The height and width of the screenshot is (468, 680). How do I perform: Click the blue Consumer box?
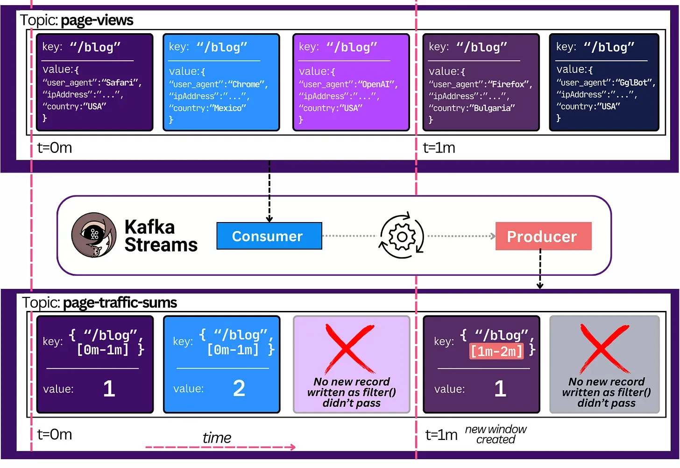pos(269,236)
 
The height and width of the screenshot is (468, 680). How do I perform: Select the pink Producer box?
pos(543,237)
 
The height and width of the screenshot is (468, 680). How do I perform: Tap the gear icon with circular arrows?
pos(402,237)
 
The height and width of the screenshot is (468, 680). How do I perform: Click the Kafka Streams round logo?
pos(94,235)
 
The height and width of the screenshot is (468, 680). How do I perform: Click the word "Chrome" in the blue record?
pos(247,85)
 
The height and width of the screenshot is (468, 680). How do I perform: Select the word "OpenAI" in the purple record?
pos(377,85)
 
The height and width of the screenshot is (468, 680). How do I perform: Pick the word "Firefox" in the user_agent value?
pos(509,85)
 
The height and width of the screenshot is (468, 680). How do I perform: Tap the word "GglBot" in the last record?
pos(634,83)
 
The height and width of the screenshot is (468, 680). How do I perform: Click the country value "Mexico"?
pos(228,108)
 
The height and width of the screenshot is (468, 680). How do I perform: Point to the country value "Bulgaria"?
pos(492,108)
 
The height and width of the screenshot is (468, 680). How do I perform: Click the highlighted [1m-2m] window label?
pos(496,351)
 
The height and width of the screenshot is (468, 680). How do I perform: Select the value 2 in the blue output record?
pos(239,389)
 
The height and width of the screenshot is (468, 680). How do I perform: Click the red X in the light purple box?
pos(349,349)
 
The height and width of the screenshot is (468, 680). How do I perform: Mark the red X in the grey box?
pos(604,349)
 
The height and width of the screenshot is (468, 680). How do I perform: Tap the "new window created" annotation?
pos(496,434)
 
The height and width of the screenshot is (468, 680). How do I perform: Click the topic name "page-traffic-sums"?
pos(120,303)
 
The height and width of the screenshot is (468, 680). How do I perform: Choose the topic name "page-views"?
pos(97,21)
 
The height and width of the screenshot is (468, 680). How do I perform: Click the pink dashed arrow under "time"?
pos(220,447)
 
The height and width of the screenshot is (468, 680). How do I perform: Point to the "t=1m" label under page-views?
pos(439,148)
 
